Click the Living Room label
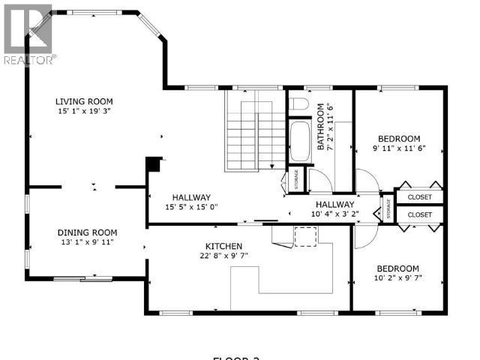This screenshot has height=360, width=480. (83, 101)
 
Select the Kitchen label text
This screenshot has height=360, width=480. (224, 246)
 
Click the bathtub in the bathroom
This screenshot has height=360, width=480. (301, 142)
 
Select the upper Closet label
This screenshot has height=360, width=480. (420, 197)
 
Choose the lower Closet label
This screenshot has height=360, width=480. (420, 214)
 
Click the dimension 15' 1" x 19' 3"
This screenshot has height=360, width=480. (83, 112)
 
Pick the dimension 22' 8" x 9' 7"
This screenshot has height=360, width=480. (224, 256)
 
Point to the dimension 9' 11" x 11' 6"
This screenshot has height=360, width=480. (398, 148)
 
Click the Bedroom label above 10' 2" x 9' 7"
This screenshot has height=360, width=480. (397, 268)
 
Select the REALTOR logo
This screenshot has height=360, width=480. (28, 34)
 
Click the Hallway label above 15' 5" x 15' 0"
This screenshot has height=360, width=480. (190, 197)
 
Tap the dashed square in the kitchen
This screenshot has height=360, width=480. (306, 236)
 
